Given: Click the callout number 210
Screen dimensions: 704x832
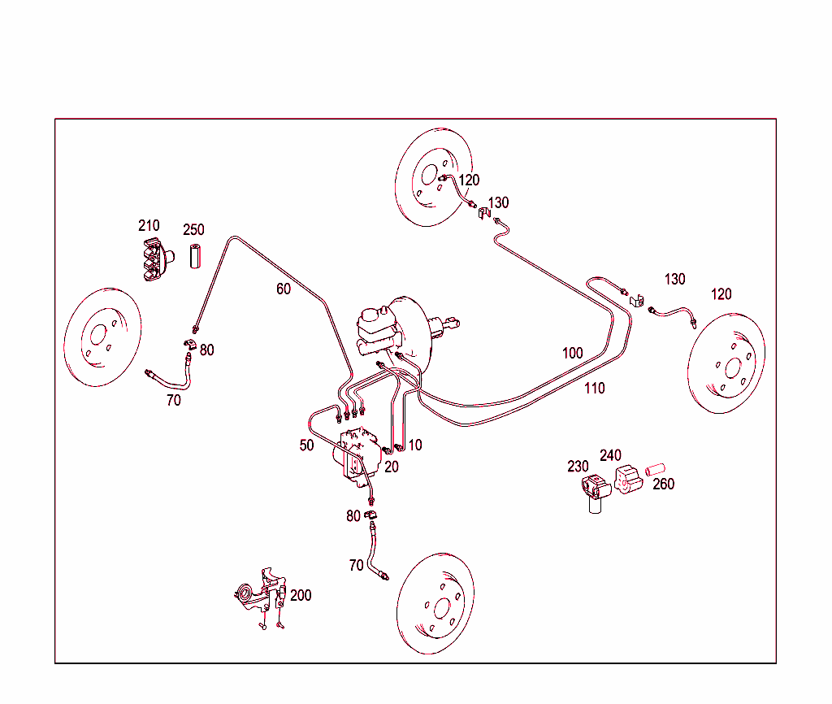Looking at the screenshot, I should pos(149,225).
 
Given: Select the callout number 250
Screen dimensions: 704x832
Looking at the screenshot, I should pos(193,230).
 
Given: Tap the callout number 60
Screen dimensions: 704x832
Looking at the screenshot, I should pos(283,289).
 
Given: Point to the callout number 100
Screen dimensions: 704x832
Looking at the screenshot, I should pos(572,353).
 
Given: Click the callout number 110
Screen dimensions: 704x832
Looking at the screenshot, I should pos(594,389).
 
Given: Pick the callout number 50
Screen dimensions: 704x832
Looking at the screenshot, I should pos(306,445).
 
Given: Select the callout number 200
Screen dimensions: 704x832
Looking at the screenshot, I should pos(301,595).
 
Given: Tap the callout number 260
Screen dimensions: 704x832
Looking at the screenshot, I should pos(663,485).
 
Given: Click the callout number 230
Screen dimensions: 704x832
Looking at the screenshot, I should pos(578,467).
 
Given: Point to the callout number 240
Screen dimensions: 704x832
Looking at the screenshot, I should pos(610,455).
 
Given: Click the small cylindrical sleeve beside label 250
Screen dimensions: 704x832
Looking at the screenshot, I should pos(195,256).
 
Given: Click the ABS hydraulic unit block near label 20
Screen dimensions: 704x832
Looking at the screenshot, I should pos(357,459).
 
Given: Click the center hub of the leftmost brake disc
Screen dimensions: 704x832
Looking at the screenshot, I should pos(99,337).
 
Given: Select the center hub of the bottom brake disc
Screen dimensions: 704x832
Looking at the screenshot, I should pos(442,608).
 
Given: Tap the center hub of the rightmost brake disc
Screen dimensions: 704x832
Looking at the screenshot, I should pos(734,368).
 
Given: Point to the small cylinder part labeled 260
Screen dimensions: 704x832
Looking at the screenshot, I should pos(655,470).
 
